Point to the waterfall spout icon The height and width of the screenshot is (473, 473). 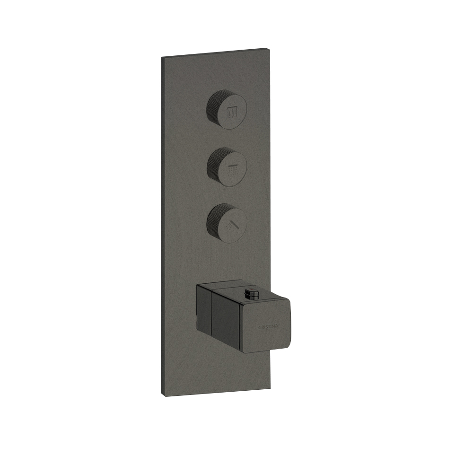point(232,112)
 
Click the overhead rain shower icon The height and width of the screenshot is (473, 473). point(233,169)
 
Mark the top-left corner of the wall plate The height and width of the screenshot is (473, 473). point(162,57)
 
